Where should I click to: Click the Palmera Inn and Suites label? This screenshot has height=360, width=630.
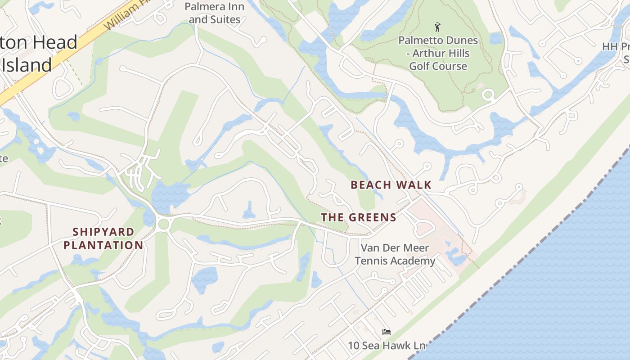[215, 13]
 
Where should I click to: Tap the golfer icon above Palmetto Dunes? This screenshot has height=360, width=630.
[437, 27]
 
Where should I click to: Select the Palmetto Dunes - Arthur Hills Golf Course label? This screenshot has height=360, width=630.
[438, 53]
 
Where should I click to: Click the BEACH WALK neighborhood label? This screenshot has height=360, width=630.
[391, 184]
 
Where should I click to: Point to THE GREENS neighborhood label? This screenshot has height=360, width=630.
[359, 218]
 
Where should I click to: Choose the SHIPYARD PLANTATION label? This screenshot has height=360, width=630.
[103, 238]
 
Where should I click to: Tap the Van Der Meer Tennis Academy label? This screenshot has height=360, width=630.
[395, 254]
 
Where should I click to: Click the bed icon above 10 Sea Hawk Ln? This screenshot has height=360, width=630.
[386, 332]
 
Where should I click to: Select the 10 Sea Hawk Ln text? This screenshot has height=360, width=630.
[387, 346]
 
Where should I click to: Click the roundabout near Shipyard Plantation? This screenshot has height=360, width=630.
[163, 224]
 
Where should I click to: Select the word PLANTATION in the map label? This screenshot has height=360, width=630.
[103, 245]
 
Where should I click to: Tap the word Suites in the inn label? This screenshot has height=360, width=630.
[225, 19]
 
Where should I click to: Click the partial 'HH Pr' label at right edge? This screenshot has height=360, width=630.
[616, 47]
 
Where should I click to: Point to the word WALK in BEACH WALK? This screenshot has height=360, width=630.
[414, 184]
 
